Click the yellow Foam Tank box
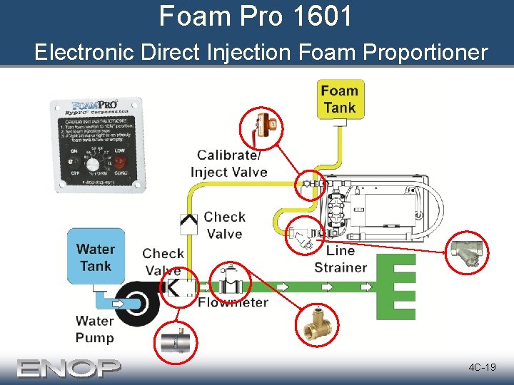pos(339,99)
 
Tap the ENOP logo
pos(69,368)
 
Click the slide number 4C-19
pos(482,367)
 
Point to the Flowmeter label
pos(233,302)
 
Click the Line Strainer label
pos(341,260)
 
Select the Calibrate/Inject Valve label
pos(229,164)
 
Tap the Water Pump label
pos(95,329)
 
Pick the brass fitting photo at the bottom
pos(316,327)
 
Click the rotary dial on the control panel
pos(93,163)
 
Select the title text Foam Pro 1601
pos(256,16)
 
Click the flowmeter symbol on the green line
pos(230,285)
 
